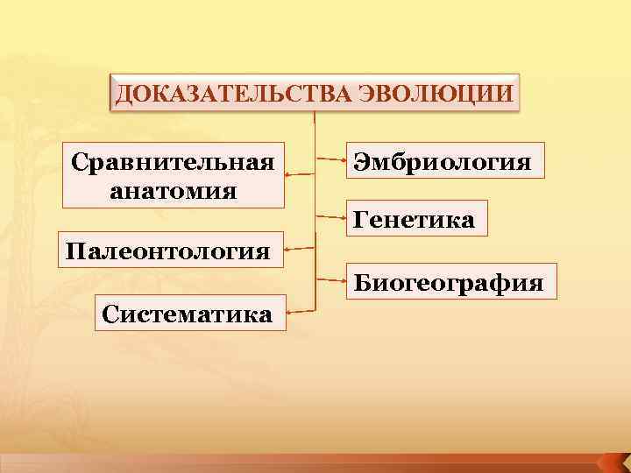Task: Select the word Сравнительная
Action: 173,162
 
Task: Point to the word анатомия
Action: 174,188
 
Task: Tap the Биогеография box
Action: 448,283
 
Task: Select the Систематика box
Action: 186,313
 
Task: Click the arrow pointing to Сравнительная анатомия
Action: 300,174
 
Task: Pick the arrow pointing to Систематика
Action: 301,311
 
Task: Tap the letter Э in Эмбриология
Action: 362,161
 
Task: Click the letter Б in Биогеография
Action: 362,283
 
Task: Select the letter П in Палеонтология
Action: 73,252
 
